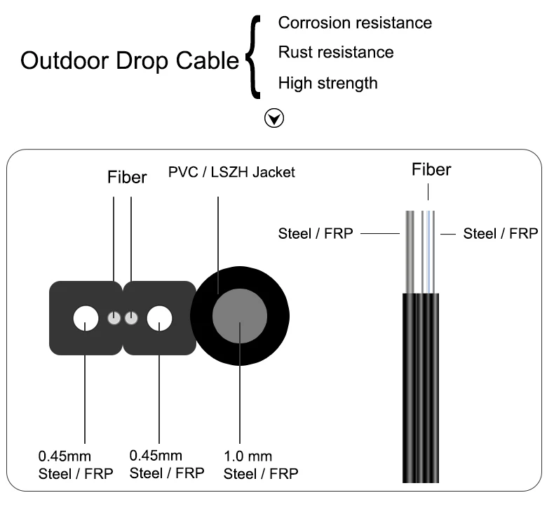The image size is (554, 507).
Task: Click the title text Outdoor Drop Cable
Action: pyautogui.click(x=130, y=62)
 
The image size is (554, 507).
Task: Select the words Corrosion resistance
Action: pyautogui.click(x=355, y=22)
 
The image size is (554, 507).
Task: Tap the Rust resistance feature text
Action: pyautogui.click(x=335, y=53)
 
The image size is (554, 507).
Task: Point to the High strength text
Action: pyautogui.click(x=327, y=83)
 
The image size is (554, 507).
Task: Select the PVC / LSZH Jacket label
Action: pyautogui.click(x=232, y=172)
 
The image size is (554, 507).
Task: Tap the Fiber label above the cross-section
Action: pyautogui.click(x=126, y=177)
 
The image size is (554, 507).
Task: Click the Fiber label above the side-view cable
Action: pyautogui.click(x=431, y=169)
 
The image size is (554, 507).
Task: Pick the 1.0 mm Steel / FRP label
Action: pyautogui.click(x=261, y=466)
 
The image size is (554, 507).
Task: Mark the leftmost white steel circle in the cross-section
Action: pyautogui.click(x=86, y=319)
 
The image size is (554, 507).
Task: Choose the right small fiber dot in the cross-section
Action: pyautogui.click(x=130, y=319)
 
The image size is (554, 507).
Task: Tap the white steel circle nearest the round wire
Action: pyautogui.click(x=159, y=319)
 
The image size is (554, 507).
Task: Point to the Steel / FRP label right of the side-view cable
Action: pyautogui.click(x=501, y=233)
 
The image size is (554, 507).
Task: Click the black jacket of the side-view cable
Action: pyautogui.click(x=421, y=386)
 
